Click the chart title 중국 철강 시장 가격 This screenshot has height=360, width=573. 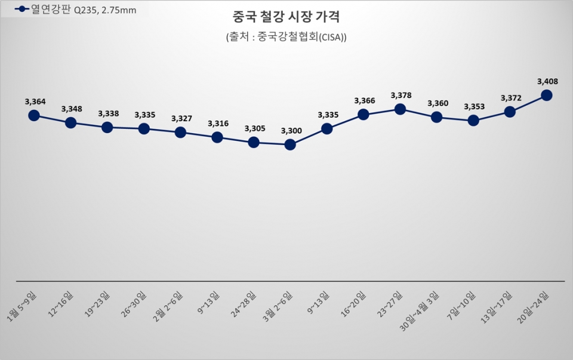[x=286, y=16]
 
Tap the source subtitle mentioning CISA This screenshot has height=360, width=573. [x=286, y=37]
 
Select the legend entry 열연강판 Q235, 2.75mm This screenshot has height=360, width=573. [x=75, y=10]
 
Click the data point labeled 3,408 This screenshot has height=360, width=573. [x=546, y=95]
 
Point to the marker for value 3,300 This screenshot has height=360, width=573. [x=290, y=144]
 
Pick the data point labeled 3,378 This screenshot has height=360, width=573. [x=400, y=109]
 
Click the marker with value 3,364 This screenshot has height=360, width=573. [x=34, y=115]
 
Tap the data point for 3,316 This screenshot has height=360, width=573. [x=217, y=137]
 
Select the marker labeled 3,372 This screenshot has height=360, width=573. [x=510, y=111]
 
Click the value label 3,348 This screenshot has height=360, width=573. [x=71, y=109]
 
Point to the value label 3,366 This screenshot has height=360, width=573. [x=363, y=100]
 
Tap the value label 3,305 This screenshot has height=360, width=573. [x=254, y=128]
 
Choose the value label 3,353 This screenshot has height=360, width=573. [x=473, y=107]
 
